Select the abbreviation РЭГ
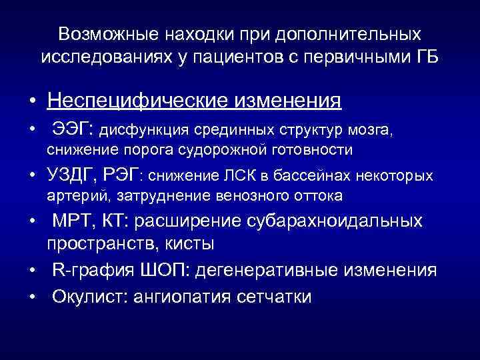click(x=121, y=175)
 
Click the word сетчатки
click(x=273, y=296)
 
